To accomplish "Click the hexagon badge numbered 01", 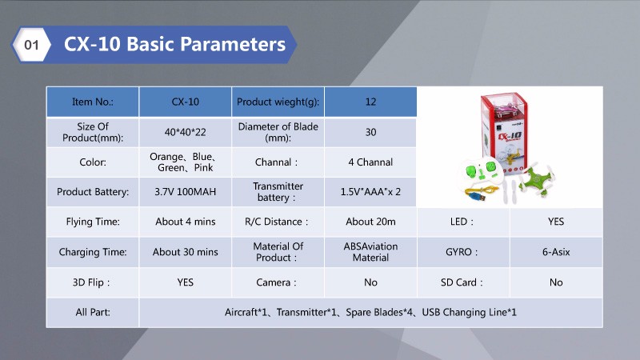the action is point(31,45).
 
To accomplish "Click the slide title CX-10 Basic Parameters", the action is point(174,44).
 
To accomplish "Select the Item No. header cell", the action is point(93,102).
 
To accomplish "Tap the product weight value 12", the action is point(370,102).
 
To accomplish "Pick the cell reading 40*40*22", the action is point(186,132).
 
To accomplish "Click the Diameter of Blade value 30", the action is point(370,132).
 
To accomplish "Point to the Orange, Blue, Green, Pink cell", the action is point(186,162).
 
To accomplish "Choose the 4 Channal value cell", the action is point(370,162).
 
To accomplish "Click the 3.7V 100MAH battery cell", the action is point(186,192).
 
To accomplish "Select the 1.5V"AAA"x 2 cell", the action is point(370,192).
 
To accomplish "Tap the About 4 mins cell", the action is point(186,222).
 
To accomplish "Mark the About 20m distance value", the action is point(370,222).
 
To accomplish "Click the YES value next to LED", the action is point(556,222).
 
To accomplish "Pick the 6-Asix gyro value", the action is point(556,252).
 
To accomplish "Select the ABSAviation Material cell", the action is point(370,252).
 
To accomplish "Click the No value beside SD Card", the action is point(556,282).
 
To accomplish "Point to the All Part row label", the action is point(93,312).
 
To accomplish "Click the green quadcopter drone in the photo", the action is point(535,178).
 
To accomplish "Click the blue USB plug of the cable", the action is point(478,197).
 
